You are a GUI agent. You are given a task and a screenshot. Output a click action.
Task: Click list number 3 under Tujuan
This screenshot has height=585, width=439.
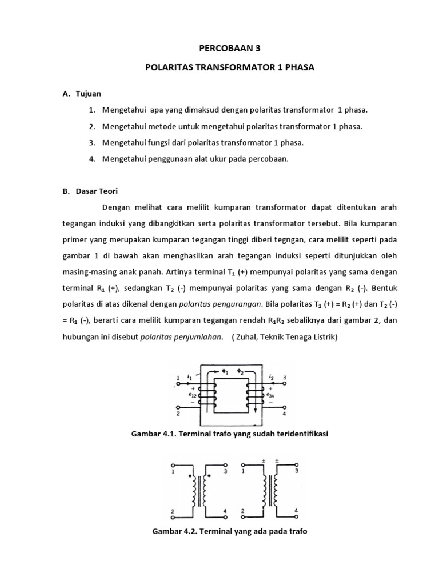click(92, 142)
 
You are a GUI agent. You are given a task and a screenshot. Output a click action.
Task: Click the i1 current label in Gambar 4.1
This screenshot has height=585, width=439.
click(190, 376)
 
